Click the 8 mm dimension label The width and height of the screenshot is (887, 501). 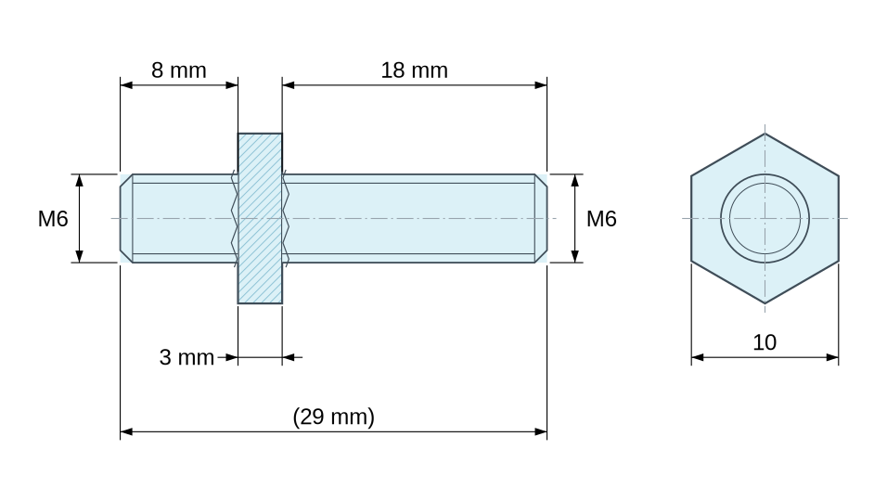179,71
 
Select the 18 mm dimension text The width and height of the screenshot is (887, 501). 414,71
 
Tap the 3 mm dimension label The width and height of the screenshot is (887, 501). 186,357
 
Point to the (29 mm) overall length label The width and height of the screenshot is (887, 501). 334,417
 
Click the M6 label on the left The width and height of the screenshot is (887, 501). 53,219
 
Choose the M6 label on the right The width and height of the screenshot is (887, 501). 601,219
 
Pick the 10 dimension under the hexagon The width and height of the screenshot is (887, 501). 765,342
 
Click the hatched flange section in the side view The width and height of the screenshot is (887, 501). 260,218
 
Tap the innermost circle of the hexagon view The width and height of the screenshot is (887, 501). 765,183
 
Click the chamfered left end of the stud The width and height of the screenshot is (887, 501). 126,218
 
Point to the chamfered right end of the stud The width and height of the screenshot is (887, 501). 541,218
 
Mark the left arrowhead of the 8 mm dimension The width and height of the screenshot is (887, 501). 126,85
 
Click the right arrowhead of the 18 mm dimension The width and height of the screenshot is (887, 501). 541,85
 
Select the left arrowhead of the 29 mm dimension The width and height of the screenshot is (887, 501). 126,432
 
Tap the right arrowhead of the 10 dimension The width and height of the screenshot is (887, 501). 832,357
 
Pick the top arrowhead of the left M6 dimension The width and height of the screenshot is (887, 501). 79,180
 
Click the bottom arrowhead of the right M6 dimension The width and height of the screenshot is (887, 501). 575,257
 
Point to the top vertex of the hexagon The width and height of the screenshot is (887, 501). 765,134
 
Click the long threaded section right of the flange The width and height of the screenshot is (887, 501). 408,218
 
